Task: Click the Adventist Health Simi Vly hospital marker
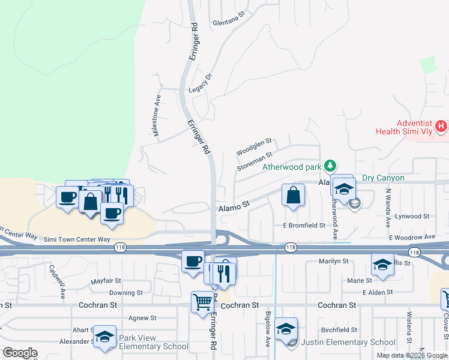coord(441,127)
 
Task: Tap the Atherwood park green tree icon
coord(330,165)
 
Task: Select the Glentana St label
coord(229,23)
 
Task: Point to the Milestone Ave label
coord(158,116)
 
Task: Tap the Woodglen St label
coord(254,147)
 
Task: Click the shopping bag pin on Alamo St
coord(292,196)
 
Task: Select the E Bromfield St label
coord(304,226)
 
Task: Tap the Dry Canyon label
coord(383,178)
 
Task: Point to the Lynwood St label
coord(408,216)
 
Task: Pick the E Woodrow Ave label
coord(411,237)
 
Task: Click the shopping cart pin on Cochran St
coord(202,302)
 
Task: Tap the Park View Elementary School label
coord(154,342)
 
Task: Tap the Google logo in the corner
coord(20,353)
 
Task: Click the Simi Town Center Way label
coord(77,239)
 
